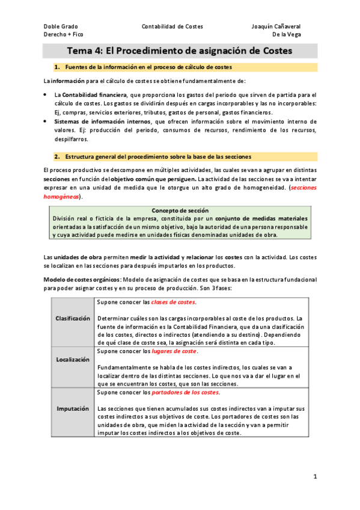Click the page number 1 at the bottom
(x=315, y=476)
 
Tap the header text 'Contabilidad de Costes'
(x=172, y=26)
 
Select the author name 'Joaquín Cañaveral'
(x=276, y=26)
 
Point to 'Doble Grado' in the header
(x=61, y=26)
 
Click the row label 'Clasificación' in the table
(x=73, y=318)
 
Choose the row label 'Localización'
(x=73, y=360)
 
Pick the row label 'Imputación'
(x=73, y=409)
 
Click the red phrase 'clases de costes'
(x=173, y=302)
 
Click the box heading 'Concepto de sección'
(x=180, y=210)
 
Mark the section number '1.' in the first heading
(x=57, y=67)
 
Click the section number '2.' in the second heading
(x=57, y=156)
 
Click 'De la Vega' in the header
(x=287, y=34)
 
